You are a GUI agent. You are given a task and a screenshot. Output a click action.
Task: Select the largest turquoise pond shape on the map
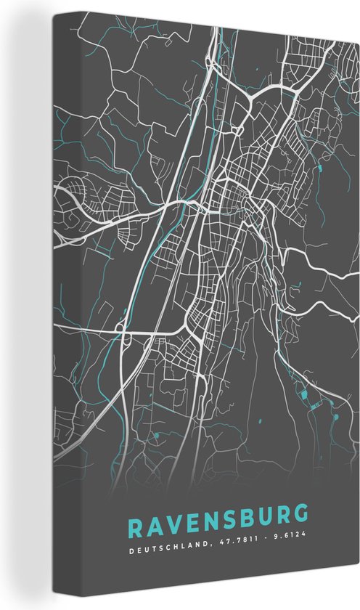pyautogui.click(x=305, y=394)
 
